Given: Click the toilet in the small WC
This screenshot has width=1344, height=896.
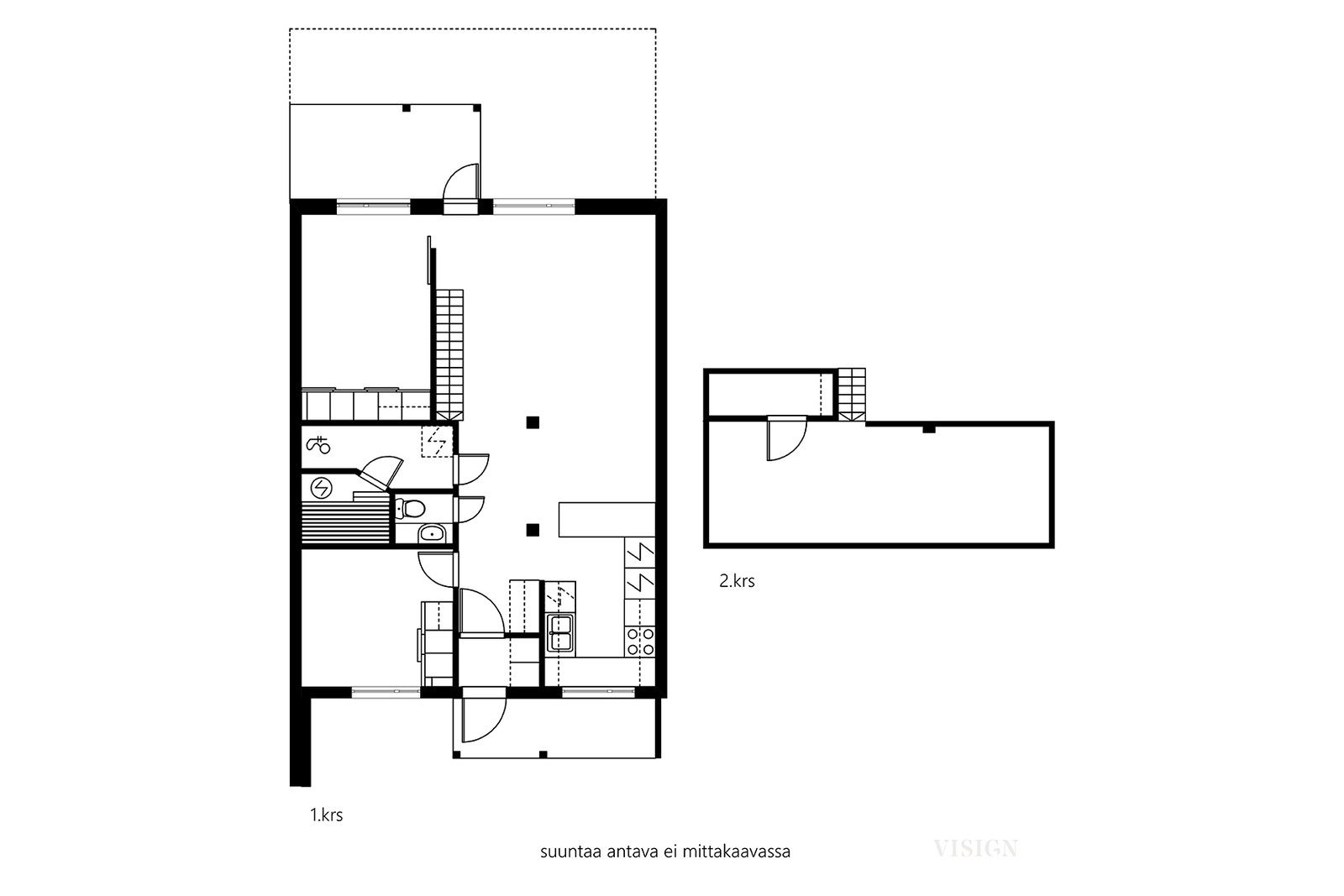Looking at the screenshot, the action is pyautogui.click(x=411, y=509).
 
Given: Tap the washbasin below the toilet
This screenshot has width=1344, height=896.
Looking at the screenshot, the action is pyautogui.click(x=432, y=532).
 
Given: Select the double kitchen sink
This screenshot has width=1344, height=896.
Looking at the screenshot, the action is pyautogui.click(x=560, y=632).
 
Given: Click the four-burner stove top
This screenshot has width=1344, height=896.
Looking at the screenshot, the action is pyautogui.click(x=640, y=641).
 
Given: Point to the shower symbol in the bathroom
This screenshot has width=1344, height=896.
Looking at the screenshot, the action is pyautogui.click(x=318, y=445).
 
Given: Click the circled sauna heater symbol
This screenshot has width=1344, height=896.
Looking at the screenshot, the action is pyautogui.click(x=322, y=488).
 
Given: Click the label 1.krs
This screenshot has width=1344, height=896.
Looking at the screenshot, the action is pyautogui.click(x=327, y=815).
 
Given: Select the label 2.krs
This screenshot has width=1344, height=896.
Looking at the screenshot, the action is pyautogui.click(x=737, y=580).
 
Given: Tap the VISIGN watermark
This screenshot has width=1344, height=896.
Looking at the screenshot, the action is pyautogui.click(x=975, y=848).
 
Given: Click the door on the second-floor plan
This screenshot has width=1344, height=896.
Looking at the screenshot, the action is pyautogui.click(x=786, y=438).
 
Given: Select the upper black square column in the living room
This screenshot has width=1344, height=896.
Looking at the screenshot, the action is pyautogui.click(x=533, y=423).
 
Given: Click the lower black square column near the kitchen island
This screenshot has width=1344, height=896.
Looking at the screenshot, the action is pyautogui.click(x=533, y=530).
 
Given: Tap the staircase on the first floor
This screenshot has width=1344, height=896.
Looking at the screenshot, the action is pyautogui.click(x=449, y=354).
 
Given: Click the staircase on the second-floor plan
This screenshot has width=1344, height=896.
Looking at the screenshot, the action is pyautogui.click(x=852, y=394).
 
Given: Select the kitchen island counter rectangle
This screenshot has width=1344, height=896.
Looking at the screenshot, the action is pyautogui.click(x=606, y=519).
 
